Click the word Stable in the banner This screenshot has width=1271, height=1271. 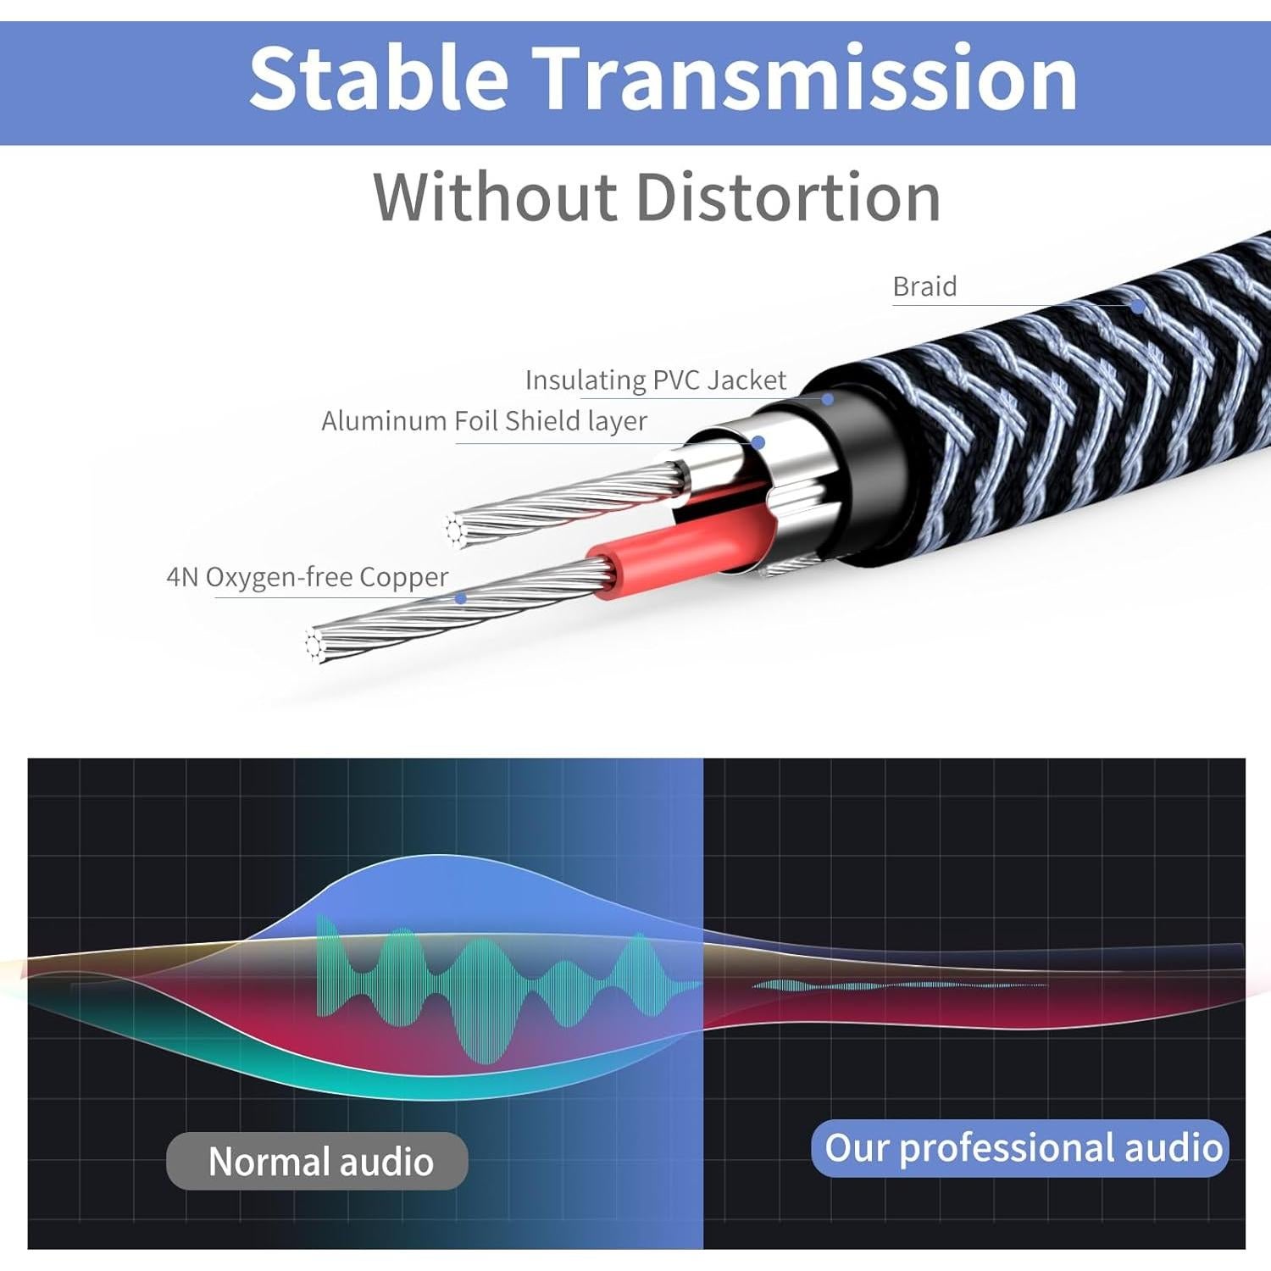[x=379, y=77]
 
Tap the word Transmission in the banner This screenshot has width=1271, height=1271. [x=805, y=77]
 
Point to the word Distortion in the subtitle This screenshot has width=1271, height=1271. [x=788, y=197]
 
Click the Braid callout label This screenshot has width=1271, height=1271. [x=924, y=286]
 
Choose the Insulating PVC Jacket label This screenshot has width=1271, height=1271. [x=656, y=380]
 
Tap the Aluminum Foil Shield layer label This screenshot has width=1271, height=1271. [x=484, y=421]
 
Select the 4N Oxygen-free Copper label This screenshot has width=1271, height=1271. [x=308, y=577]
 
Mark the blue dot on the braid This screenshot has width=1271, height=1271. [x=1138, y=307]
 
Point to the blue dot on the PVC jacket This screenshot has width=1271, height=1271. [x=828, y=398]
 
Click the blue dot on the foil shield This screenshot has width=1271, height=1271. [x=758, y=442]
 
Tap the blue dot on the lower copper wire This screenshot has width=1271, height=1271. [x=460, y=598]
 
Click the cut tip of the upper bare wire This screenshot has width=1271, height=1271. [x=455, y=529]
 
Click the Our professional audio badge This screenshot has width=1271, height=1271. [x=1020, y=1148]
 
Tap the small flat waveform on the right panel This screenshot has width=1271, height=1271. [x=898, y=985]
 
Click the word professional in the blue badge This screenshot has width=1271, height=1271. [x=1007, y=1149]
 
